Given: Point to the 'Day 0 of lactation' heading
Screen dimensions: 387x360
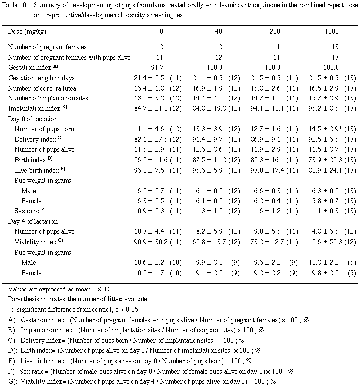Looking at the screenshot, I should [33, 119].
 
